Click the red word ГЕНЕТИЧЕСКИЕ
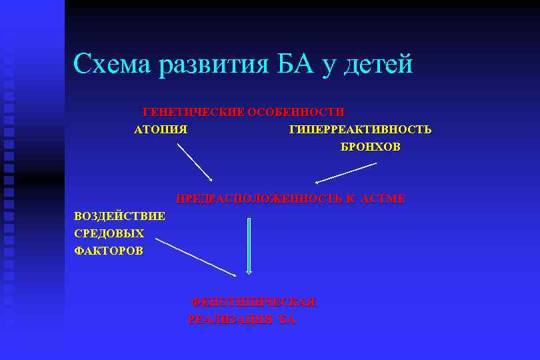(194, 112)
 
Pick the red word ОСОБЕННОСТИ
(296, 112)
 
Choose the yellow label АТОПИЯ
(161, 129)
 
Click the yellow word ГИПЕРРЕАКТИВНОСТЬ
(360, 129)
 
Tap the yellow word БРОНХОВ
(371, 147)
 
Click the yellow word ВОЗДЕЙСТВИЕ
(120, 216)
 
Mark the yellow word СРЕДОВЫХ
(109, 233)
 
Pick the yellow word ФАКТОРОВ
(109, 251)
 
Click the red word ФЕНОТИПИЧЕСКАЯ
(253, 302)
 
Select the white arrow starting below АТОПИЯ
(195, 162)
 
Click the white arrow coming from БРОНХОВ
(345, 173)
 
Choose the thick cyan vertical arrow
(249, 245)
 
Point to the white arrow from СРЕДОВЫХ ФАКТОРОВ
(196, 257)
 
